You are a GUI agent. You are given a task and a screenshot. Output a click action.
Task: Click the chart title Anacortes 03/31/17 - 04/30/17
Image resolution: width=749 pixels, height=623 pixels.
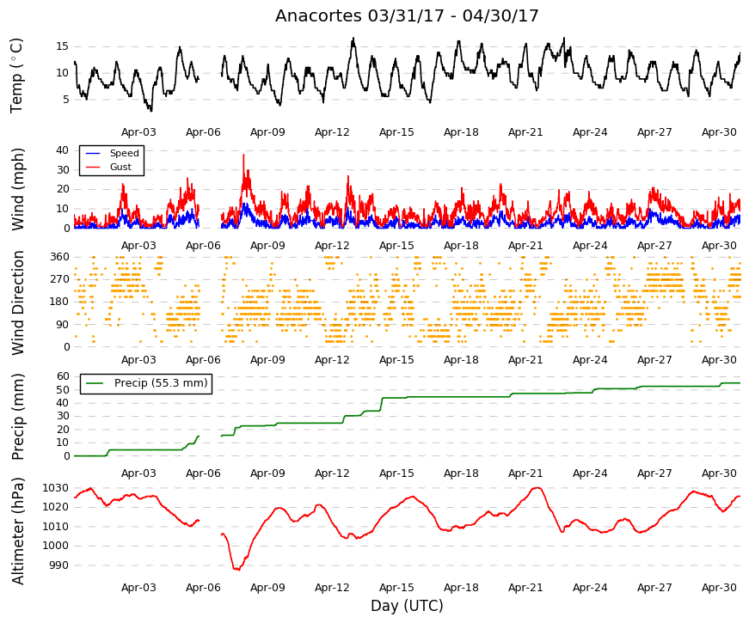tap(407, 15)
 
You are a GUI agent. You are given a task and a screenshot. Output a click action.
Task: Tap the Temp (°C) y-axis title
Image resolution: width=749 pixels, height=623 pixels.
tap(16, 76)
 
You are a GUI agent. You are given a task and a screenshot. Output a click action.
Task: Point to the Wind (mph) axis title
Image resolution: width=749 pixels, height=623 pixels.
tap(17, 190)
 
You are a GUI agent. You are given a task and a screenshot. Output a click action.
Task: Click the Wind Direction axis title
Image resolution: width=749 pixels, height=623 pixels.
tap(17, 302)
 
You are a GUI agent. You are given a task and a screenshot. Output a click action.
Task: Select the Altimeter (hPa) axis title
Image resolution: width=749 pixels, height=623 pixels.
tap(17, 531)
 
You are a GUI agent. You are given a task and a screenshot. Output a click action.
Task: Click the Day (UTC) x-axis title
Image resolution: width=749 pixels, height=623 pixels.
tap(407, 606)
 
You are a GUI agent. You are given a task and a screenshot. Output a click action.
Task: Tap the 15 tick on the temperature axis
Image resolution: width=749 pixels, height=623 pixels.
tap(62, 46)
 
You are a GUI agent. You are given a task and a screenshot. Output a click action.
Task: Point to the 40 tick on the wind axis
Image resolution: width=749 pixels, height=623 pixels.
tap(62, 150)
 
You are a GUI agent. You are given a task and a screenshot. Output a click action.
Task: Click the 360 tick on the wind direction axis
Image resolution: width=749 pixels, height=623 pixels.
tap(59, 257)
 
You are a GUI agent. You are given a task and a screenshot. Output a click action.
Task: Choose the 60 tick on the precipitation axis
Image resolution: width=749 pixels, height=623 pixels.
tap(63, 376)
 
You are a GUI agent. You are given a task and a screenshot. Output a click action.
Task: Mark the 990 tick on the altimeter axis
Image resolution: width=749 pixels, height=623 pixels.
tap(59, 565)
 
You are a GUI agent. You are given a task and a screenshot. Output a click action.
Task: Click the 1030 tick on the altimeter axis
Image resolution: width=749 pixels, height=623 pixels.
tap(55, 488)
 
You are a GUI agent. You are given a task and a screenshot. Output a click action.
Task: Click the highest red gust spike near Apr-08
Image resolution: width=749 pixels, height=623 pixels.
tap(243, 155)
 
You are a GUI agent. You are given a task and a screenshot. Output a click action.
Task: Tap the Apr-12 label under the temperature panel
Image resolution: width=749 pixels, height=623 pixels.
tap(332, 132)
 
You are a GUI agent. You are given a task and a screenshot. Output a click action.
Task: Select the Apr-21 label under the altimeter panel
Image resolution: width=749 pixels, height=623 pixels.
tap(525, 588)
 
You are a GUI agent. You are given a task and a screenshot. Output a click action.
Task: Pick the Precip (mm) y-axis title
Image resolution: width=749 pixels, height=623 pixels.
tap(17, 417)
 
